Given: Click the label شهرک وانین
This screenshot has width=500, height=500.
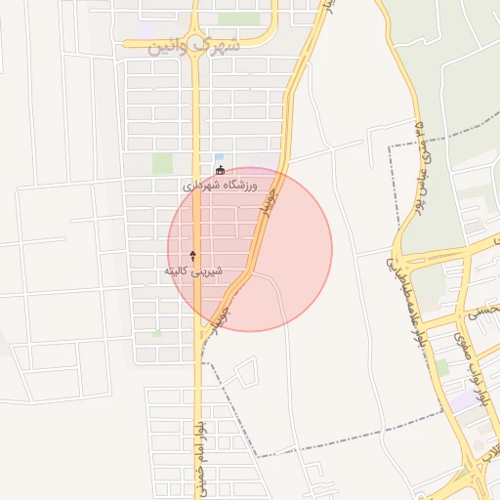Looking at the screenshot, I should pos(194,45).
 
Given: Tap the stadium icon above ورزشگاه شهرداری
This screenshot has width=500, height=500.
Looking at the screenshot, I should pos(220,171).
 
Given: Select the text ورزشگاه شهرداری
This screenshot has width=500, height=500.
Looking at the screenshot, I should pos(220,185).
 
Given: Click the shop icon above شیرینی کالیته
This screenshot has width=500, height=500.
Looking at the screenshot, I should pos(192,255).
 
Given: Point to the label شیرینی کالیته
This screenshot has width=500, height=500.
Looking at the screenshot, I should pos(192,269).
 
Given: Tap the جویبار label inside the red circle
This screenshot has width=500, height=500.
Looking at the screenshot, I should pos(265,199).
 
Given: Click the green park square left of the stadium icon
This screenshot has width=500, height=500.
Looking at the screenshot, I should pos(162,163).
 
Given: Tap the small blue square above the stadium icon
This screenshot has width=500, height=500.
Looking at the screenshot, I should pos(219,156).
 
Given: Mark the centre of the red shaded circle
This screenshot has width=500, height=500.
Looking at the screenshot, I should pos(250,249).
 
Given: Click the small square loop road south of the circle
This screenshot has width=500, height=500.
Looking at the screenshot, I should pos(246,371).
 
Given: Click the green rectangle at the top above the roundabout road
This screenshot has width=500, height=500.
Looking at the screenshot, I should pos(238,19).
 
